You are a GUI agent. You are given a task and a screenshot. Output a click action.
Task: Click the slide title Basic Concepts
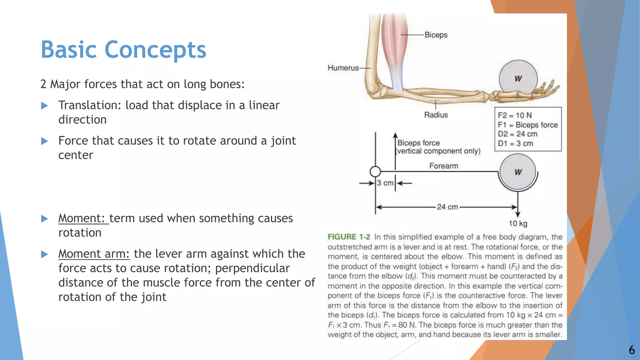pos(123,50)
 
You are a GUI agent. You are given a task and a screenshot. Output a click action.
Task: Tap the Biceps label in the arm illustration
pos(436,35)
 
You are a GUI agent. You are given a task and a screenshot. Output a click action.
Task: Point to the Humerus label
pos(343,68)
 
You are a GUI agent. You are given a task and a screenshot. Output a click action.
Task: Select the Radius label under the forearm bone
pos(436,115)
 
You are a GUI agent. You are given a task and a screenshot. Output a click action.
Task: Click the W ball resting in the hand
pos(518,79)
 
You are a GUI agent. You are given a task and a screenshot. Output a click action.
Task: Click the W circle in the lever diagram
pos(518,172)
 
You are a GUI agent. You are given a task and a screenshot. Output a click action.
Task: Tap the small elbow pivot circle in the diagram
pos(375,172)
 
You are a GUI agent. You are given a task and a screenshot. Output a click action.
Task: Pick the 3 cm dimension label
pos(385,183)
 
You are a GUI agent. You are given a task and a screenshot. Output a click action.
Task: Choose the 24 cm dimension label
pos(447,207)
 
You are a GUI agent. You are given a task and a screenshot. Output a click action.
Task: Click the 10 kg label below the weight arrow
pos(518,224)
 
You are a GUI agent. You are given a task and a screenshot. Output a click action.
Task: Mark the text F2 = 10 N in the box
pos(515,116)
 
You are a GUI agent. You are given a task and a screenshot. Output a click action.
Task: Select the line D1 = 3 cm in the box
pos(515,144)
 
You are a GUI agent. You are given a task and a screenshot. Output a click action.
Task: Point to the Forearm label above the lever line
pos(443,166)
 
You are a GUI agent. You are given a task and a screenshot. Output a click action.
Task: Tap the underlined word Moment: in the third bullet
pos(83,218)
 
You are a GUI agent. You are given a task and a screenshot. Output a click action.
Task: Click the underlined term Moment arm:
pos(94,254)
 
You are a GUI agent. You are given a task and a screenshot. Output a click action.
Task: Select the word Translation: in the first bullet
pos(90,106)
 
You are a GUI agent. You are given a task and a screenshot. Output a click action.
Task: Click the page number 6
pos(632,350)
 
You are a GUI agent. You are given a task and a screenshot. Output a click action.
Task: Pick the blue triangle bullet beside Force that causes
pos(45,141)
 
